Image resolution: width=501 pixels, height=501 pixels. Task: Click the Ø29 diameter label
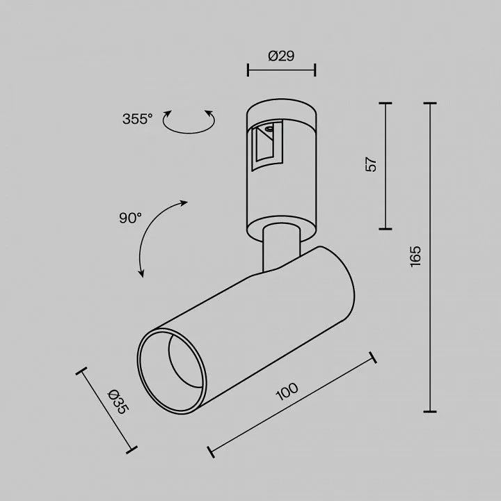click(x=281, y=56)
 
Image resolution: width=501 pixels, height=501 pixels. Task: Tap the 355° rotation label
click(x=137, y=119)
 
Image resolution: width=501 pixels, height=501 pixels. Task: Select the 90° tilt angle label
click(x=130, y=218)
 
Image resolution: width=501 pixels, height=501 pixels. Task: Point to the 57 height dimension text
click(x=371, y=164)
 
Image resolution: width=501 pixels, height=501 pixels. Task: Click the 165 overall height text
click(x=415, y=256)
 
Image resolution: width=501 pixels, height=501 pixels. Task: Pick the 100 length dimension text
click(x=287, y=391)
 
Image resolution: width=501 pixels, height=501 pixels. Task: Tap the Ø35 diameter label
click(x=118, y=401)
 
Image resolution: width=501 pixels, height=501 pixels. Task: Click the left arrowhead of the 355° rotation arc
click(x=167, y=113)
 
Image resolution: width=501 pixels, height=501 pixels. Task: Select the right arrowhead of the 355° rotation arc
click(x=209, y=113)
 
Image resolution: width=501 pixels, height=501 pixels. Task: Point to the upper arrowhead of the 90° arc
click(x=184, y=203)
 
